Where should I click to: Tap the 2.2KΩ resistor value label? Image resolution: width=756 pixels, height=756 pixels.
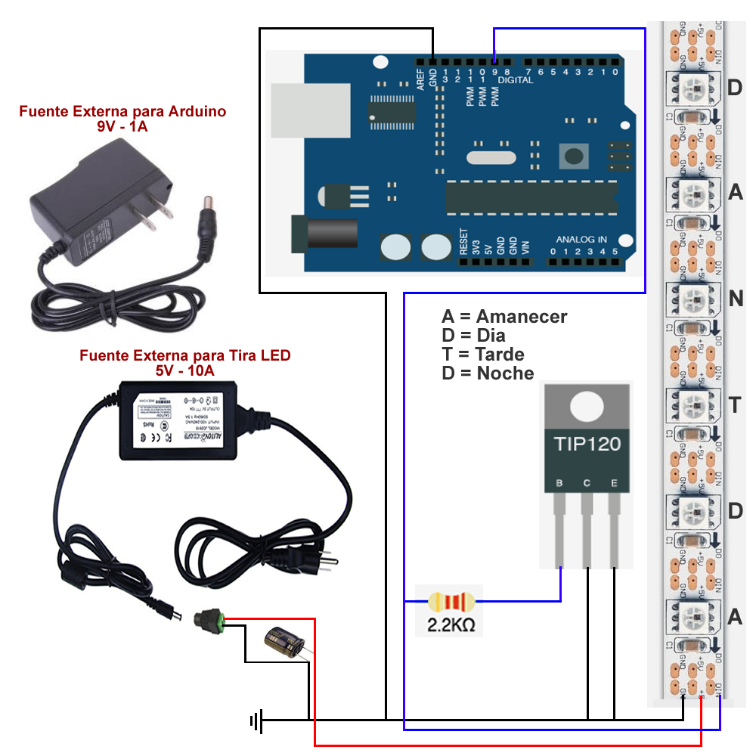coord(451,626)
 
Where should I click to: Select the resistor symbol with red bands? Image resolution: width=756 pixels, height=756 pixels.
coord(451,603)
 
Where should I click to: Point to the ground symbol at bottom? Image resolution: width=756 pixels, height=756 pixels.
coord(256,721)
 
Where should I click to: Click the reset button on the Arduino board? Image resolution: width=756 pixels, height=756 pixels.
coord(574,156)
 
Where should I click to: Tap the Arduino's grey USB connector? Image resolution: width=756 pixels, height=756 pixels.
coord(311,110)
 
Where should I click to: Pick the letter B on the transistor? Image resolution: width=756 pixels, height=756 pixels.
coord(559,483)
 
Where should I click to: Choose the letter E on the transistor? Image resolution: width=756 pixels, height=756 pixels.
coord(614,483)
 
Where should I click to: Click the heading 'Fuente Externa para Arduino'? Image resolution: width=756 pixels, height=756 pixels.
coord(122,112)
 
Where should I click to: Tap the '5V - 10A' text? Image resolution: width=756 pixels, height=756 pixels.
coord(184,370)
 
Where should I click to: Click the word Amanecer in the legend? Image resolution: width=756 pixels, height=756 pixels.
coord(522,317)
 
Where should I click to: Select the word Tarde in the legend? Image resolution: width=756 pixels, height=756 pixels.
coord(500,354)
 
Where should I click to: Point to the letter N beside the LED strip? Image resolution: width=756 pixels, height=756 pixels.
coord(736,299)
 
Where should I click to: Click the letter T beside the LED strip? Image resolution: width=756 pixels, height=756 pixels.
coord(735,405)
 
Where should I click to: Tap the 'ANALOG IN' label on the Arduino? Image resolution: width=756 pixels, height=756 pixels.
coord(581,239)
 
